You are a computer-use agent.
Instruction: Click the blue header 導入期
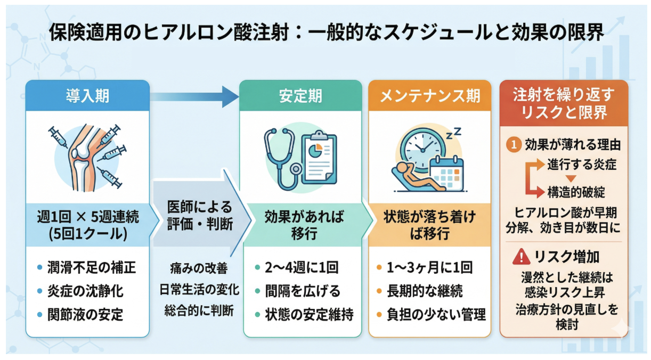pyautogui.click(x=87, y=96)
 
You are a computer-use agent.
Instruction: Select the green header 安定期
pyautogui.click(x=300, y=96)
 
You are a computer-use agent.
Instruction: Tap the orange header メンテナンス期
pyautogui.click(x=429, y=96)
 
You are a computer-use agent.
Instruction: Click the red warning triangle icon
pyautogui.click(x=521, y=257)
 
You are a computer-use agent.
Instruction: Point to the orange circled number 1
pyautogui.click(x=514, y=145)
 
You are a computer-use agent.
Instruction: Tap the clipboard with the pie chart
pyautogui.click(x=319, y=158)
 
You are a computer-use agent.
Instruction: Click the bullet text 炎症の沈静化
pyautogui.click(x=85, y=291)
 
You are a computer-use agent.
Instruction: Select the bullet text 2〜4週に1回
pyautogui.click(x=302, y=267)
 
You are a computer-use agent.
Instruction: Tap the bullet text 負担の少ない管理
pyautogui.click(x=436, y=315)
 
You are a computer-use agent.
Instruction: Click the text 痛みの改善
pyautogui.click(x=199, y=268)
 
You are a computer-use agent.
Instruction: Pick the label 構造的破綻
pyautogui.click(x=576, y=192)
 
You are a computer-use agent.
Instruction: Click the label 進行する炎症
pyautogui.click(x=582, y=165)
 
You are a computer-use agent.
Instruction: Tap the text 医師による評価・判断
pyautogui.click(x=200, y=216)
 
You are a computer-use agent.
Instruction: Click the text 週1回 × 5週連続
pyautogui.click(x=88, y=217)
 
